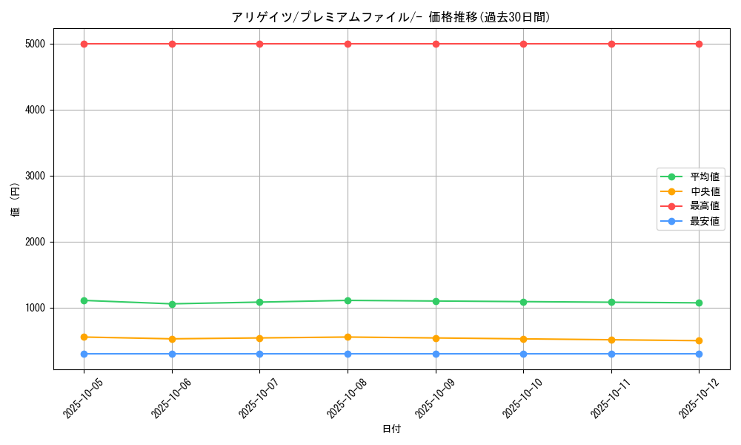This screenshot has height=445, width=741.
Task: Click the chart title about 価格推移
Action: click(x=391, y=17)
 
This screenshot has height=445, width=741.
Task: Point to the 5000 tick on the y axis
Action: click(x=35, y=44)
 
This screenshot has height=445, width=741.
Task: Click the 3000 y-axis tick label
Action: click(x=35, y=176)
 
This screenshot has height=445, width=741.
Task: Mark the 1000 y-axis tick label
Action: click(x=35, y=308)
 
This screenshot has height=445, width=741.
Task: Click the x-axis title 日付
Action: click(x=391, y=429)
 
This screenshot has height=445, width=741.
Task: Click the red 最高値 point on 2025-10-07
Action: click(x=259, y=44)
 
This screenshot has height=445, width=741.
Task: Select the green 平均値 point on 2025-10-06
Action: click(x=172, y=304)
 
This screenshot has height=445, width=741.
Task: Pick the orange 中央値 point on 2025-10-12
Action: click(x=699, y=341)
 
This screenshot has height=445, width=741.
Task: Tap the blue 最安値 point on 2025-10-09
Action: click(x=436, y=354)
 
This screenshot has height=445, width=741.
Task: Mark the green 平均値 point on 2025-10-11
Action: click(x=611, y=303)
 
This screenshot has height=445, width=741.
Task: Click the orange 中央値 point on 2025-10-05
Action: click(x=84, y=337)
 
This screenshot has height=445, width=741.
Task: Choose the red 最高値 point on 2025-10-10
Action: click(x=523, y=44)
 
